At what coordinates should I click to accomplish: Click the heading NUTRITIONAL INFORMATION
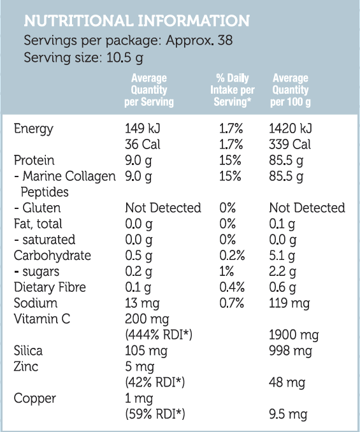(x=136, y=22)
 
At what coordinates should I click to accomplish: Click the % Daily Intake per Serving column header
(x=232, y=90)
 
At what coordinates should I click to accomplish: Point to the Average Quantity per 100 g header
(x=290, y=90)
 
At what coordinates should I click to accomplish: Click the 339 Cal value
(x=290, y=145)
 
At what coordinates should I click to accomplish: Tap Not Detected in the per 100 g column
(x=307, y=208)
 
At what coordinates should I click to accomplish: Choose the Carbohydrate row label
(x=52, y=256)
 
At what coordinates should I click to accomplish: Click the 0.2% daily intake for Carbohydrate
(x=232, y=256)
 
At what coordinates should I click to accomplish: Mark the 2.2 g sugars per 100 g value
(x=283, y=271)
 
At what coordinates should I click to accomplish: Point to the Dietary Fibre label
(x=50, y=287)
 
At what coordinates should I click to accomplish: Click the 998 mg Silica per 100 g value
(x=291, y=351)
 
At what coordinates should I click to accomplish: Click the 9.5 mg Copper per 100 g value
(x=288, y=415)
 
